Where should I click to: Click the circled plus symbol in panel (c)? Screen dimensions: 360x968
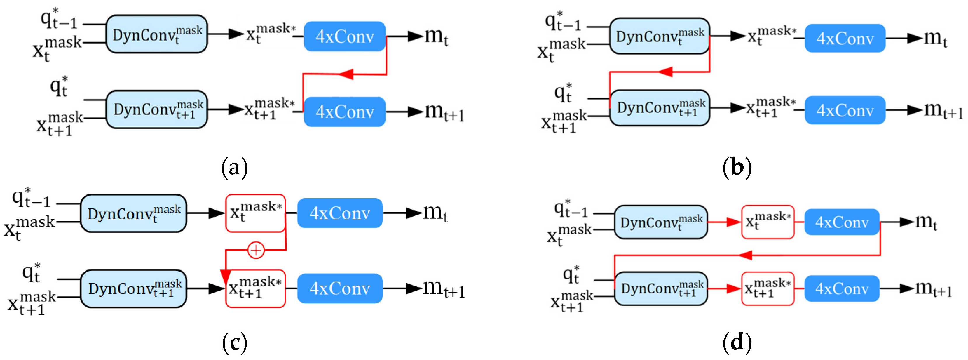click(256, 250)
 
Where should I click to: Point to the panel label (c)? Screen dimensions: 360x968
click(234, 343)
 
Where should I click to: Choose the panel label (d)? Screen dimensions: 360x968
click(737, 343)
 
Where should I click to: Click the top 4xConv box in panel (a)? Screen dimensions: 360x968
click(345, 36)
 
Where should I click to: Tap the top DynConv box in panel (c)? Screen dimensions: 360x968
click(133, 213)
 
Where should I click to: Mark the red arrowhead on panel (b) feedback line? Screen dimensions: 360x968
click(665, 72)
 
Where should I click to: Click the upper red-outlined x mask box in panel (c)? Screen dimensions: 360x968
click(255, 213)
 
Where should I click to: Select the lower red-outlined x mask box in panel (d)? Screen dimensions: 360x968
click(767, 288)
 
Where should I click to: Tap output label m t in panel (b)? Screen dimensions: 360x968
click(935, 38)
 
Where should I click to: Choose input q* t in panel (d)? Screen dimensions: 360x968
click(571, 275)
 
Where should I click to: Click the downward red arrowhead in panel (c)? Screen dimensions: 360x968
click(226, 277)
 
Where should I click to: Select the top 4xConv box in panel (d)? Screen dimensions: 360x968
click(841, 222)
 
